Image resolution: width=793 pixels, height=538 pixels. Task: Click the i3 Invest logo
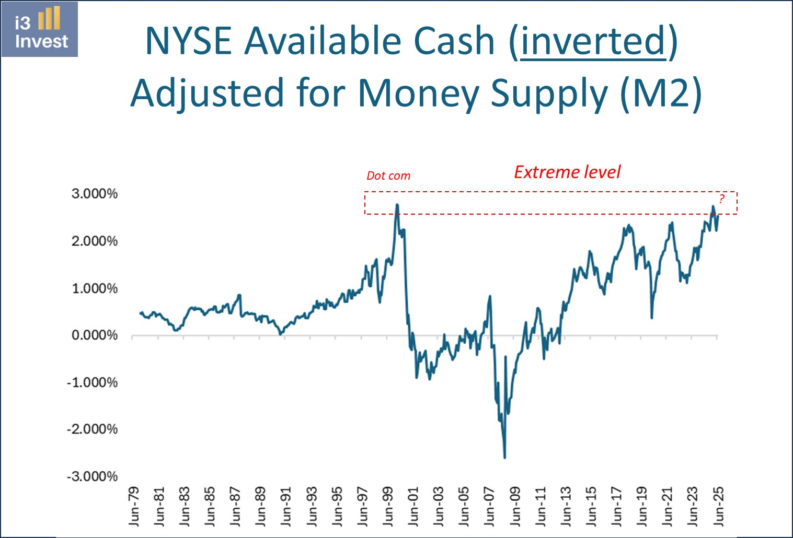coord(40,29)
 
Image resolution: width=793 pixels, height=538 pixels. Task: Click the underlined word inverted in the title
coord(593,41)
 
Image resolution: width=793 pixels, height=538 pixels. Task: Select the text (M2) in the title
coord(661,93)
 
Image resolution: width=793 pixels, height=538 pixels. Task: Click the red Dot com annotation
coord(388,176)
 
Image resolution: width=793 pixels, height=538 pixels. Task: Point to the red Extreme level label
coord(567,172)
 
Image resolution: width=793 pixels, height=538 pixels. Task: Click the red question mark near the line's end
coord(721,198)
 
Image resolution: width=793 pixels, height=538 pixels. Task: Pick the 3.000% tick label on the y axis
coord(95,194)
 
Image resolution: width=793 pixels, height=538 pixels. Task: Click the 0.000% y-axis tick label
coord(95,335)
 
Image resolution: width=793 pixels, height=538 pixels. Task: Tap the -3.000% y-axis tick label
coord(93,476)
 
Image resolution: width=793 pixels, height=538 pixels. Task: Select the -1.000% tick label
coord(93,382)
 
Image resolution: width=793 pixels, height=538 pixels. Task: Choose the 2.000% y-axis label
coord(95,241)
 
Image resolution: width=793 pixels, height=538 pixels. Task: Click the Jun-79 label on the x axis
coord(134,506)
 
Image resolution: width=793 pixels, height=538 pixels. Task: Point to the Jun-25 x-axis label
coord(718,506)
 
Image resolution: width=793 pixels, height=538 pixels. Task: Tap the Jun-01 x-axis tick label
coord(413,506)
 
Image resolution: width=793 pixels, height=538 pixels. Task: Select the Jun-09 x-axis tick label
coord(515,506)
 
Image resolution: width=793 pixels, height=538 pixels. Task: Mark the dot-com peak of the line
coord(397,205)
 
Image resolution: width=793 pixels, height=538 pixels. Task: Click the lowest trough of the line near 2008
coord(504,458)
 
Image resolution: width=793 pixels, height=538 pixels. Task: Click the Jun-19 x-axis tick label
coord(642,506)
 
